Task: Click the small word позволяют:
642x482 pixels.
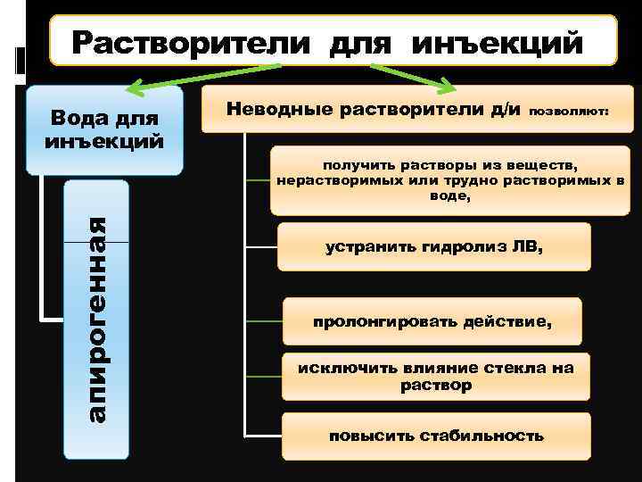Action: [x=570, y=113]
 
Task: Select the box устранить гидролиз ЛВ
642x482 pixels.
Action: [x=434, y=246]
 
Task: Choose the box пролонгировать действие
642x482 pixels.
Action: [x=432, y=321]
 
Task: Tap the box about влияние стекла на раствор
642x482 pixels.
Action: [x=435, y=377]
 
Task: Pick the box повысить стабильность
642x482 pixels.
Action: [x=435, y=436]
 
